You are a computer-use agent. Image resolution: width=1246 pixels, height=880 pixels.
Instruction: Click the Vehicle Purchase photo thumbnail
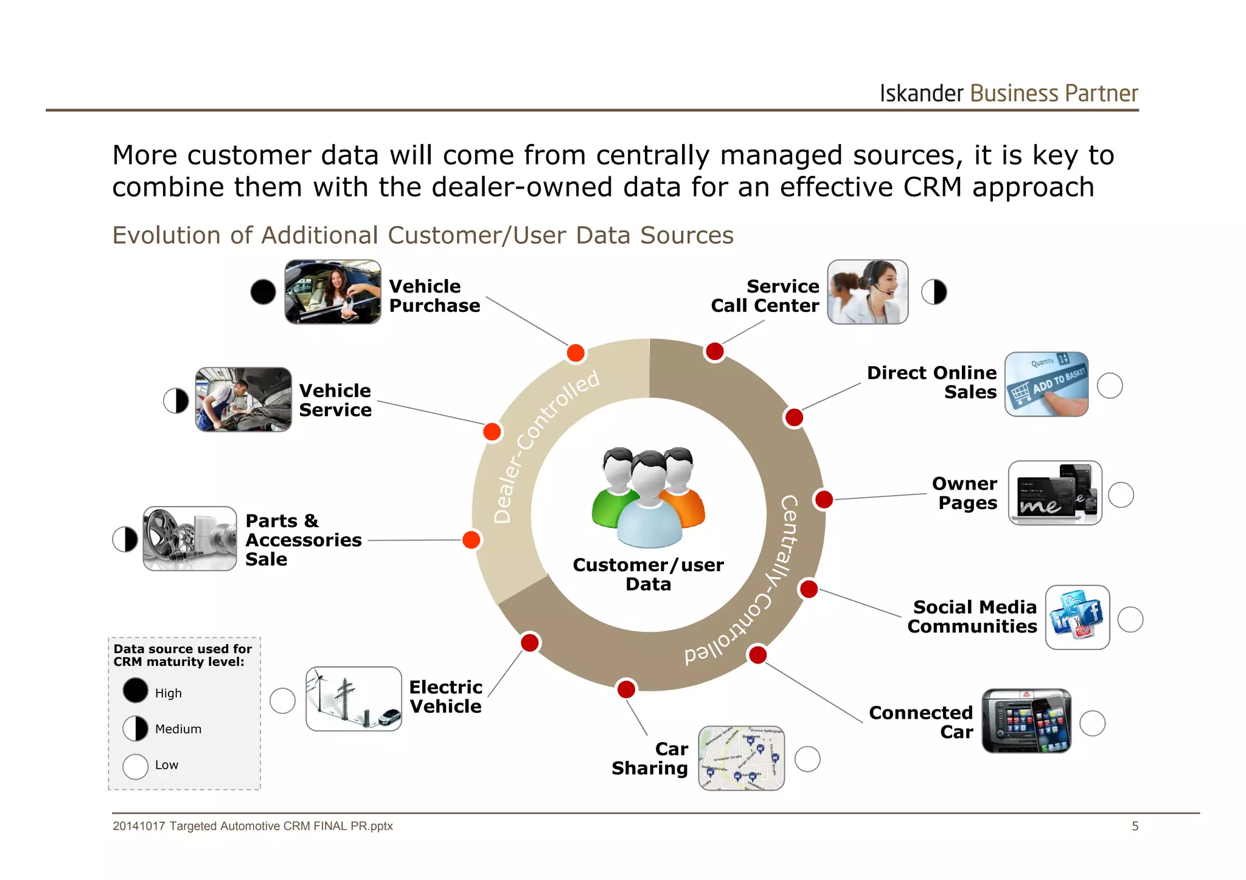[333, 292]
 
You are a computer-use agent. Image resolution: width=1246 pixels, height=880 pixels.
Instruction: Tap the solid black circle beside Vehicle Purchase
[263, 292]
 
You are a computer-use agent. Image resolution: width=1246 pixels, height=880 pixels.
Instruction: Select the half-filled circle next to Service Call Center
[934, 292]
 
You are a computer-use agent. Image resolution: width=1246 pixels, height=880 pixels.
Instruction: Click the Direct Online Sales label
[931, 382]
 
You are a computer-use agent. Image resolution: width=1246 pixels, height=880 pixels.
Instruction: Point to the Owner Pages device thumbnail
[1055, 493]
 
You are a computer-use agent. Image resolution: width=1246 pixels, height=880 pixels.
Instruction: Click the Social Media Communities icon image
[1077, 617]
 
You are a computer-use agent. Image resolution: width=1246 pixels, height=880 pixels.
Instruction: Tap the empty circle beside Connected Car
[1092, 723]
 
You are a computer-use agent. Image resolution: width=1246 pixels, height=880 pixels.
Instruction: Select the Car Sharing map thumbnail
[741, 758]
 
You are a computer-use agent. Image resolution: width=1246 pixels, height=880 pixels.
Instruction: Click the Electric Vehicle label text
[445, 696]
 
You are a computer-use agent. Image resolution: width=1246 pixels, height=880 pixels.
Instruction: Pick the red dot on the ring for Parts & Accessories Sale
[472, 539]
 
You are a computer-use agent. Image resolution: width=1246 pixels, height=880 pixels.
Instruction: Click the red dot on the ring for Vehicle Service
[492, 432]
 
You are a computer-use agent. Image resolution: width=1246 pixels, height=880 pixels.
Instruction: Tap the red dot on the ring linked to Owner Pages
[824, 499]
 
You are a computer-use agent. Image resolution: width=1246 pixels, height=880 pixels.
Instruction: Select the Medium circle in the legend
[135, 729]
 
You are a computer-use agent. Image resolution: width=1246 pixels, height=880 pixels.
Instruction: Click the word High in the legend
[169, 693]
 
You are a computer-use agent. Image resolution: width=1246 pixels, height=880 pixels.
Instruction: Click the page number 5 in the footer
[1135, 826]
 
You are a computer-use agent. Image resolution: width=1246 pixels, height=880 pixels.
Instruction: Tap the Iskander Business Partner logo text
[1008, 94]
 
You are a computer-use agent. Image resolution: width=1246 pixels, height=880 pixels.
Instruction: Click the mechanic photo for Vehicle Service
[243, 400]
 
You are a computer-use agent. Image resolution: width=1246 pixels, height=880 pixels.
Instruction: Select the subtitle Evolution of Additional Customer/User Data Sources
[423, 235]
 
